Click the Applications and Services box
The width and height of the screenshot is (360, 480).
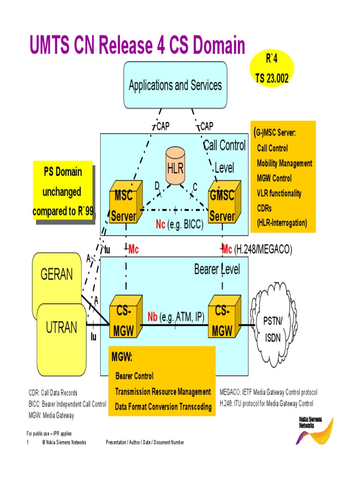click(x=175, y=85)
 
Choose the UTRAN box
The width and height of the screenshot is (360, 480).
click(x=61, y=326)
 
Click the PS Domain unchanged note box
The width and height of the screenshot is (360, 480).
click(x=63, y=191)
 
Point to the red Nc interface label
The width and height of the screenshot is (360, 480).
click(x=161, y=225)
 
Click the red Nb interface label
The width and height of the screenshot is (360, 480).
click(x=153, y=317)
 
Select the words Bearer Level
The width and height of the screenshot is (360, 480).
click(x=217, y=270)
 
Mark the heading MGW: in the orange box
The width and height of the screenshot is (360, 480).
click(x=122, y=358)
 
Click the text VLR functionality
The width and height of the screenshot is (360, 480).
click(x=279, y=193)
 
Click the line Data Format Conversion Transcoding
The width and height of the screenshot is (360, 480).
click(x=163, y=407)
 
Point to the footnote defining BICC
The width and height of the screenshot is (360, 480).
click(x=67, y=404)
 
